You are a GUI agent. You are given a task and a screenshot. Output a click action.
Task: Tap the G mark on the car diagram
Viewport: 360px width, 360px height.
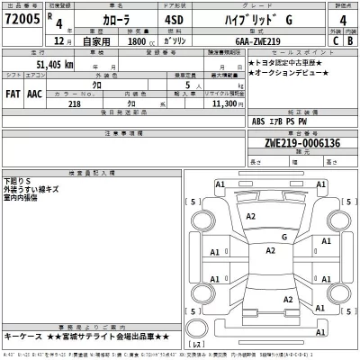283,237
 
